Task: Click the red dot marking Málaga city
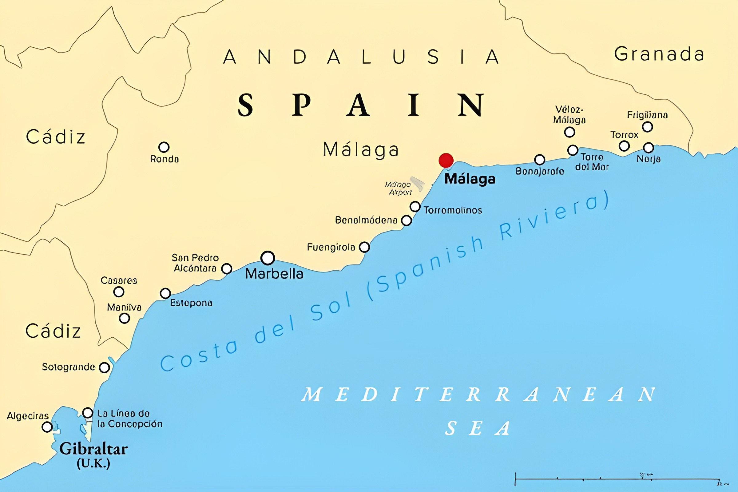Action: click(x=446, y=160)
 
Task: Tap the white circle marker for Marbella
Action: click(x=268, y=258)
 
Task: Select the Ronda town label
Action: click(x=165, y=159)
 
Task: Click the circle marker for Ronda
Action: click(x=164, y=147)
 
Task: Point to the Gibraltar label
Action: click(x=93, y=449)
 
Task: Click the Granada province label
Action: click(x=659, y=54)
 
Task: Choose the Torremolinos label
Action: click(x=453, y=210)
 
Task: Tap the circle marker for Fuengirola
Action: click(x=364, y=247)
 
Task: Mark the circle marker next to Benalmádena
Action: click(x=406, y=220)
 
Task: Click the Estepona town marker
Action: click(x=165, y=293)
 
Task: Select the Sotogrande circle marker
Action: click(x=104, y=367)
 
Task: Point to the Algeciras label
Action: click(x=28, y=416)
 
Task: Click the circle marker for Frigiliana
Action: click(x=647, y=127)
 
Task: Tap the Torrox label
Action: click(x=625, y=135)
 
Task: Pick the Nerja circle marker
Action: click(x=648, y=148)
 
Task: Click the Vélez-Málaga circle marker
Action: click(x=569, y=132)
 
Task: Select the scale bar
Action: click(x=617, y=479)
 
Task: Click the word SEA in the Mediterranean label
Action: click(x=478, y=428)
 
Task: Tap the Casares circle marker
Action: click(x=119, y=292)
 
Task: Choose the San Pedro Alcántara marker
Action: click(x=227, y=268)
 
